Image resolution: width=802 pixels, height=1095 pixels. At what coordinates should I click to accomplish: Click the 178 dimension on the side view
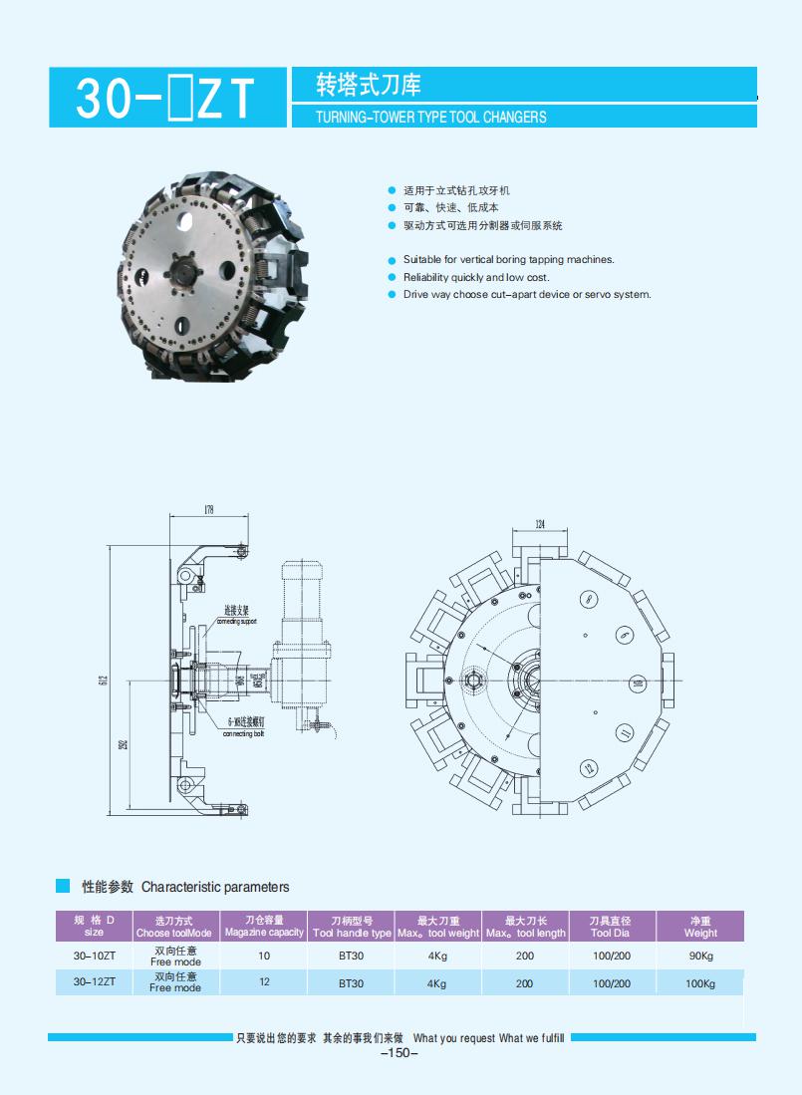click(x=209, y=510)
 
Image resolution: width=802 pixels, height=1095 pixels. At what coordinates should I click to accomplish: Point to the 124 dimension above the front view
click(x=539, y=524)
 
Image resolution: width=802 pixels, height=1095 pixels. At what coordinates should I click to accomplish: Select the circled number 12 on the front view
click(x=590, y=768)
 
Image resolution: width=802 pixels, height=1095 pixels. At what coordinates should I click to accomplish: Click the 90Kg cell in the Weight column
click(x=699, y=957)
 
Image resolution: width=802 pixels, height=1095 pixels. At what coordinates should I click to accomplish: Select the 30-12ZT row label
click(x=94, y=982)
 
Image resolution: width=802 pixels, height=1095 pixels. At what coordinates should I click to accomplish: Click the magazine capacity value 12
click(x=264, y=982)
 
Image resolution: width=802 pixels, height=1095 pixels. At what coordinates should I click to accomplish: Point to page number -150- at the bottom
click(x=400, y=1054)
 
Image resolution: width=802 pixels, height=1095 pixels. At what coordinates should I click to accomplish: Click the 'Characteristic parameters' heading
click(x=215, y=887)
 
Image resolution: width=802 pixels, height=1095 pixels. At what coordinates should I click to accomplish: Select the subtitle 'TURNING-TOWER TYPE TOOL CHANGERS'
click(x=430, y=117)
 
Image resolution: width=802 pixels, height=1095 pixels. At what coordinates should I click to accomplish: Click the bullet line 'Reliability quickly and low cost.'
click(x=475, y=277)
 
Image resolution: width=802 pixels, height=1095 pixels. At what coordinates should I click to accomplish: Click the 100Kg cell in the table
click(x=699, y=983)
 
